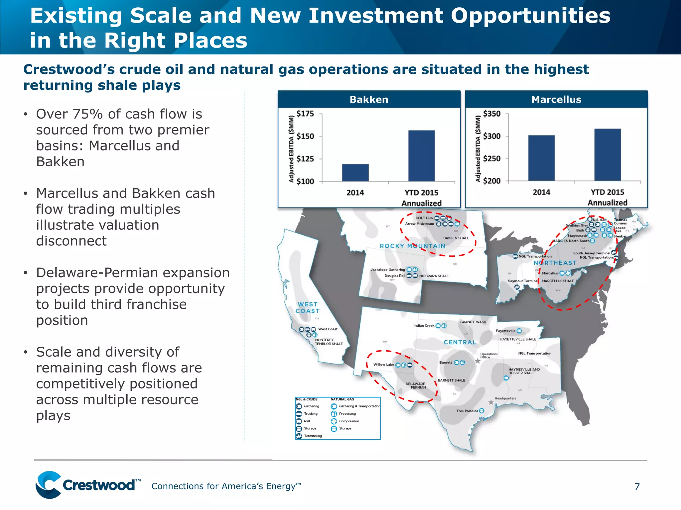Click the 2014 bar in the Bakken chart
[x=355, y=173]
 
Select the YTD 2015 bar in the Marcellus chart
[x=607, y=155]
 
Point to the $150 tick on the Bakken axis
[x=305, y=136]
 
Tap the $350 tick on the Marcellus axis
[x=491, y=114]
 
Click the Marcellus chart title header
[x=556, y=100]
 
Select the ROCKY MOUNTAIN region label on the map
[x=412, y=246]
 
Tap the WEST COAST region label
[x=308, y=308]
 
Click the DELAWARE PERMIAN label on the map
[x=416, y=385]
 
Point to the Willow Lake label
[x=383, y=365]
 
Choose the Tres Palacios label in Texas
[x=467, y=411]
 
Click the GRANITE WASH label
[x=473, y=322]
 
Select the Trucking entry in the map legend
[x=311, y=414]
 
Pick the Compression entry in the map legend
[x=349, y=421]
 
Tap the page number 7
[x=637, y=487]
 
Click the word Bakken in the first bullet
[x=60, y=162]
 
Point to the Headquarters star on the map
[x=491, y=402]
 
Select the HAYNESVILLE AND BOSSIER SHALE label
[x=524, y=371]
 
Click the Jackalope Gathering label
[x=388, y=270]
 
